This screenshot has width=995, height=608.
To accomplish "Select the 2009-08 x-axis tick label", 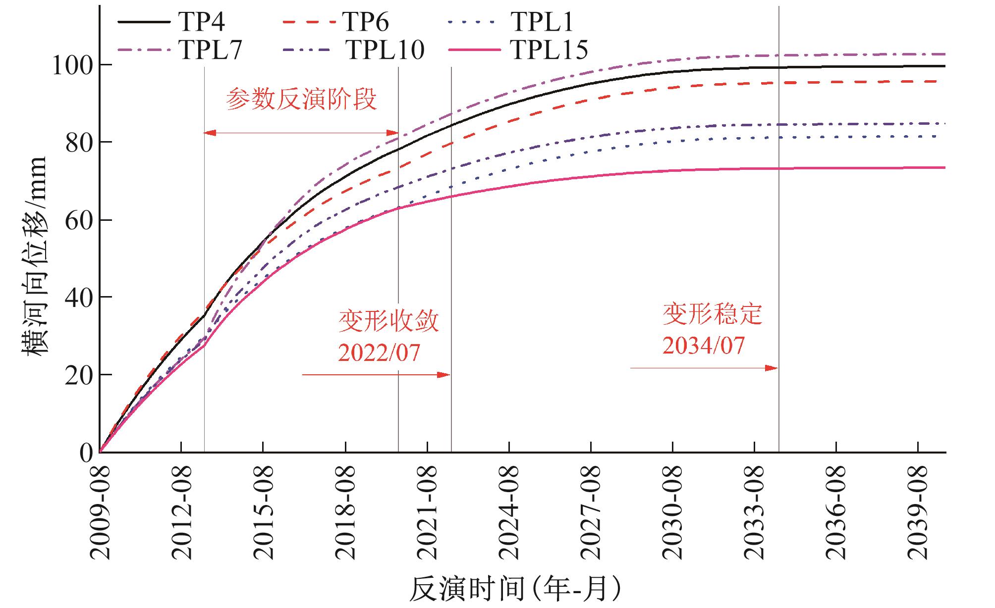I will coord(100,512).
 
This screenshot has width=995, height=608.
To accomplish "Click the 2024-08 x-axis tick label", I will coord(509,512).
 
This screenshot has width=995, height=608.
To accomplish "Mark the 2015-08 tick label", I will coord(264,512).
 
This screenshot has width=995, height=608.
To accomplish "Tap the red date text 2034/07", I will coord(704,346).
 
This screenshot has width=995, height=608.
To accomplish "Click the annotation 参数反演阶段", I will coord(301,100).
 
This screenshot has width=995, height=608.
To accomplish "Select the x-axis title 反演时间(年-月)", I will coord(515,589).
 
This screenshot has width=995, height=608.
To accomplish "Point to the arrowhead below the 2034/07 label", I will coord(772,368).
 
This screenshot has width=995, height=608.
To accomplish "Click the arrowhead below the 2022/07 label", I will coord(444,375).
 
